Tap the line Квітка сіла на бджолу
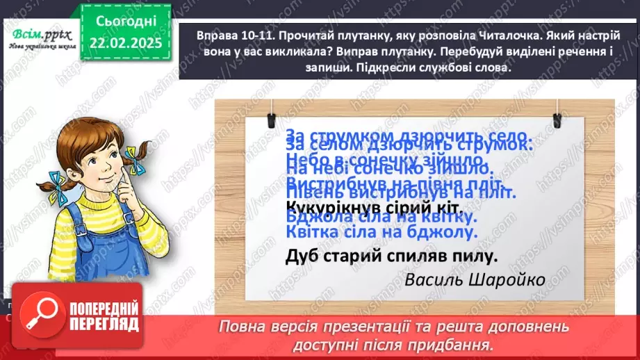[x=381, y=233]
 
